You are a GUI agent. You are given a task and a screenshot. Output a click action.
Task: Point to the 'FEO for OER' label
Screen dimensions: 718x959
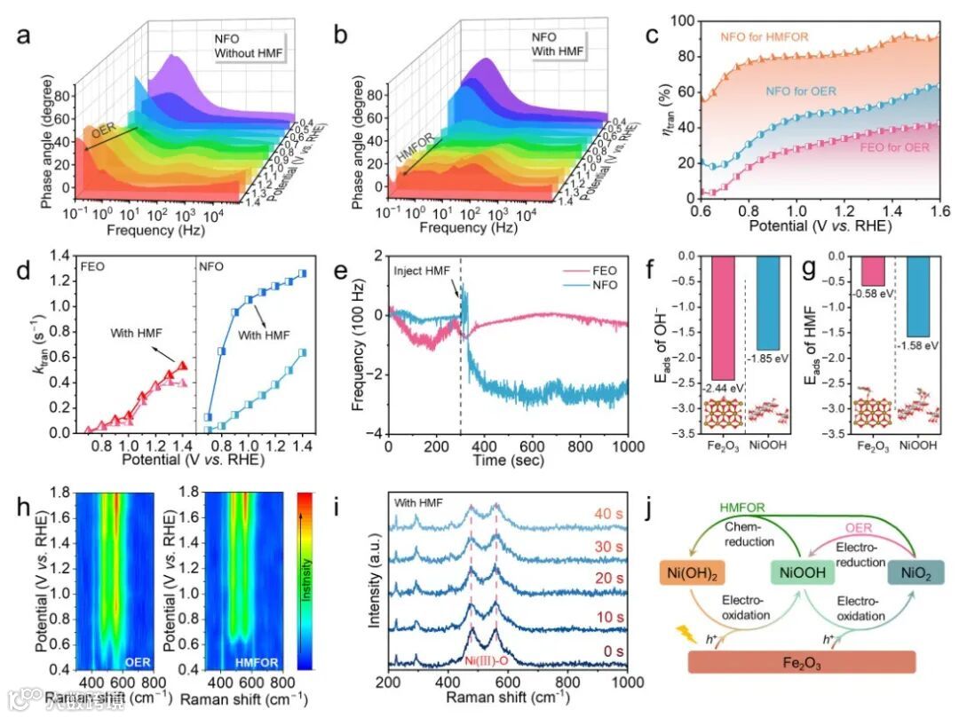895,147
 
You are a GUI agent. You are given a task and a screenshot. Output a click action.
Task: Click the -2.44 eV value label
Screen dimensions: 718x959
725,387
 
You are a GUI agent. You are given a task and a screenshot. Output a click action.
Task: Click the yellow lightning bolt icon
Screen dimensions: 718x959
686,634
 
